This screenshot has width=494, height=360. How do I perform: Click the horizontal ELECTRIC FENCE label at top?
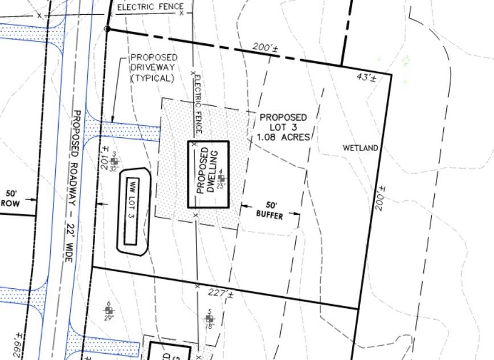[x=150, y=7]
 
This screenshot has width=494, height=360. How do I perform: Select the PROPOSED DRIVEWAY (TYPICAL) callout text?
[x=153, y=68]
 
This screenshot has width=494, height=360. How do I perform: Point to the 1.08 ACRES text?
[x=283, y=137]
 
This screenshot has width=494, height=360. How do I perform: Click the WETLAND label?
[x=360, y=148]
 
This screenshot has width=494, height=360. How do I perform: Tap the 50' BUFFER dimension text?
[x=269, y=210]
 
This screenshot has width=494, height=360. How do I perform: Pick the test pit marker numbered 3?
[x=115, y=162]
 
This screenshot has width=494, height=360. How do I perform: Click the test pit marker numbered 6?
[x=109, y=310]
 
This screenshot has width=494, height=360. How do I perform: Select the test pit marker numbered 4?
[x=221, y=178]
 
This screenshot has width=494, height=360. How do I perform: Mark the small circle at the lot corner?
[x=107, y=28]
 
